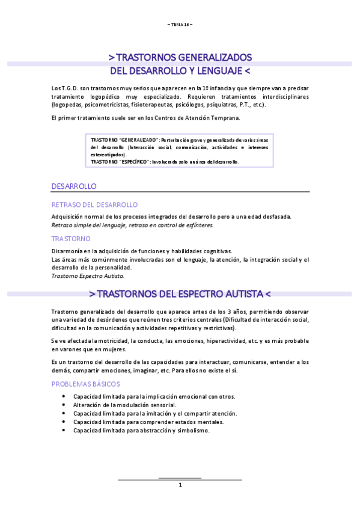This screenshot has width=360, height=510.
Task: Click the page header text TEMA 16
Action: coord(180,23)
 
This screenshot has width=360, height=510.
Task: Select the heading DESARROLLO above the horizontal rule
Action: coord(75,186)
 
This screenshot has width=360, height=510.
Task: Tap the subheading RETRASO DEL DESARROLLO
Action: coord(95,204)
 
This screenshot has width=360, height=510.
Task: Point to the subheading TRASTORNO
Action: coord(71,239)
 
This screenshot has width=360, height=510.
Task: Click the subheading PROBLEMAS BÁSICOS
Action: coord(86,383)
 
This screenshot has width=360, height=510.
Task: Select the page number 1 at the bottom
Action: coord(180,485)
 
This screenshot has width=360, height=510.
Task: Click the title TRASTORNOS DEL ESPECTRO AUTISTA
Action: coord(180,294)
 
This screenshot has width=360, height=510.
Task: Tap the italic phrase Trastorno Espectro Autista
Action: coord(88,276)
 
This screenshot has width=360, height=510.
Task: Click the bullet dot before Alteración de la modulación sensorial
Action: coord(64,405)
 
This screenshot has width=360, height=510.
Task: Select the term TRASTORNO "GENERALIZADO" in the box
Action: coord(124,140)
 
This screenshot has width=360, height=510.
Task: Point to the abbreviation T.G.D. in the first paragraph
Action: coord(72,88)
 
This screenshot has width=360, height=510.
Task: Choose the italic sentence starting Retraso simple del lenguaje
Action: coord(132,225)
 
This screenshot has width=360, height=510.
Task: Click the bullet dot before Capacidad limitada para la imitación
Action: coord(64,414)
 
